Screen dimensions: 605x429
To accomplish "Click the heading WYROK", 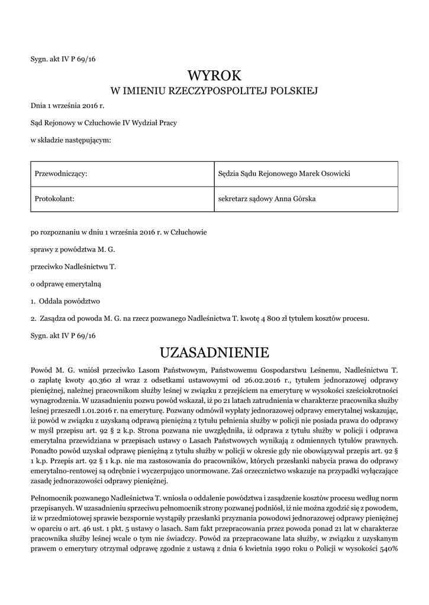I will click(x=214, y=75).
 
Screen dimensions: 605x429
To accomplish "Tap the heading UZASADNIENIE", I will click(x=214, y=353).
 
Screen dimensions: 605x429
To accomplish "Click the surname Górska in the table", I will click(x=303, y=199).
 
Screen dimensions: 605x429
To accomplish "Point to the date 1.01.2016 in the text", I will click(x=122, y=409).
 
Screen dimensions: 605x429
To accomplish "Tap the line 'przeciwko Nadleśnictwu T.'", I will click(x=73, y=266).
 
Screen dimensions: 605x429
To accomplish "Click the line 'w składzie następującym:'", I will click(x=70, y=140).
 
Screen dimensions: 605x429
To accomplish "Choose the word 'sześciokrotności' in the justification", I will click(x=366, y=391).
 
